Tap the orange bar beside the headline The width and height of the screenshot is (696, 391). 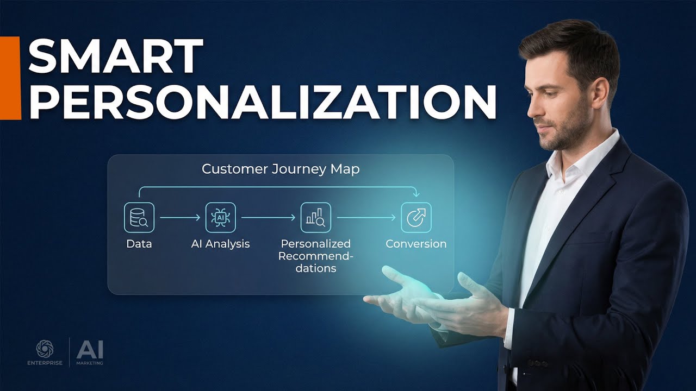[x=10, y=78]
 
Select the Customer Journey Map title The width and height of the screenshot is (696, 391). [x=281, y=169]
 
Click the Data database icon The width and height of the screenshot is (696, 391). [x=139, y=217]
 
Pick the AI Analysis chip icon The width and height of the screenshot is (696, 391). [x=220, y=217]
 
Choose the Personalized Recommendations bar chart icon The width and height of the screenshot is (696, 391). [x=315, y=217]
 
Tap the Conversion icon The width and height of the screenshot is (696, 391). [x=416, y=217]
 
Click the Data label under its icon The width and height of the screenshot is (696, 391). [x=139, y=244]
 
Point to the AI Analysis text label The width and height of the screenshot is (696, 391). [x=220, y=244]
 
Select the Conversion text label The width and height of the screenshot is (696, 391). [x=416, y=244]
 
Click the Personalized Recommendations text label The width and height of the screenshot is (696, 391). [x=315, y=256]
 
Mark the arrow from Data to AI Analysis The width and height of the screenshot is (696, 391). [x=180, y=217]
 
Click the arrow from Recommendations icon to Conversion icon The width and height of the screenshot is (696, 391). [x=366, y=217]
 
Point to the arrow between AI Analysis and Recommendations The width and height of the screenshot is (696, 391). [x=268, y=217]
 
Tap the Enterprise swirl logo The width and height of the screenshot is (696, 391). [x=45, y=348]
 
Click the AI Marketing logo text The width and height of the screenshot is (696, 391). [x=90, y=352]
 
